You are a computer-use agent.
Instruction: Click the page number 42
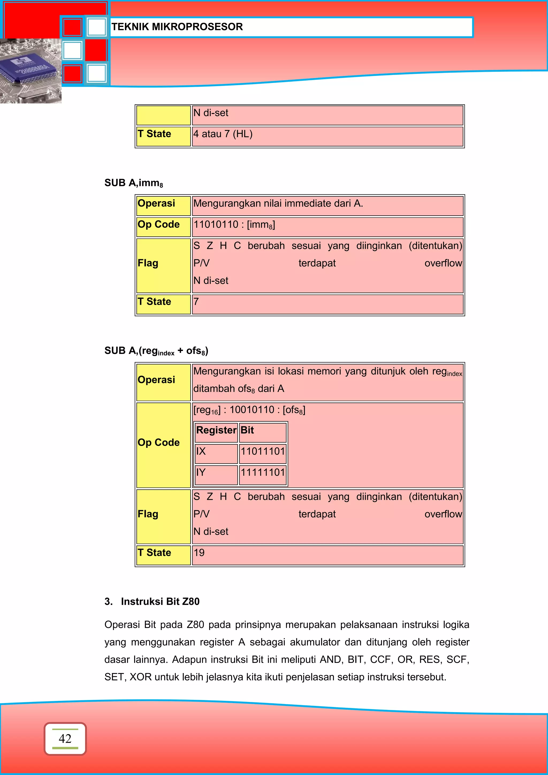[x=65, y=739]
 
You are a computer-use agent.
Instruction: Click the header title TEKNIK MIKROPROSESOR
[x=177, y=27]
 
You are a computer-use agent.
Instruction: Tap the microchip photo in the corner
[x=31, y=71]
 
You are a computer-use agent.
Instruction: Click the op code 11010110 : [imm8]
[x=234, y=224]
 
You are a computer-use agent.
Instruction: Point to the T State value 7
[x=196, y=301]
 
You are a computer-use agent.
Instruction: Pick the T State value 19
[x=199, y=553]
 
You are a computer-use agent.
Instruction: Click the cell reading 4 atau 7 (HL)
[x=223, y=134]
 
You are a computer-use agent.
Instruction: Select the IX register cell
[x=201, y=451]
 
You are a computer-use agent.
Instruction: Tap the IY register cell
[x=201, y=472]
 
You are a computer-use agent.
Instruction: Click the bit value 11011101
[x=263, y=451]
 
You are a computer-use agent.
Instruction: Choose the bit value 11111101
[x=263, y=472]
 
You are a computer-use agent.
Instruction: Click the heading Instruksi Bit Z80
[x=160, y=601]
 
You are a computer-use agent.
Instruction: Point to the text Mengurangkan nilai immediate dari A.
[x=278, y=204]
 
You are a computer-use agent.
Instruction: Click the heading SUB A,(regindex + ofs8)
[x=156, y=351]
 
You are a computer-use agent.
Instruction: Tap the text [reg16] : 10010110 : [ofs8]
[x=249, y=410]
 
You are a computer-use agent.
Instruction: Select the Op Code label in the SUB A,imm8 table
[x=159, y=224]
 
